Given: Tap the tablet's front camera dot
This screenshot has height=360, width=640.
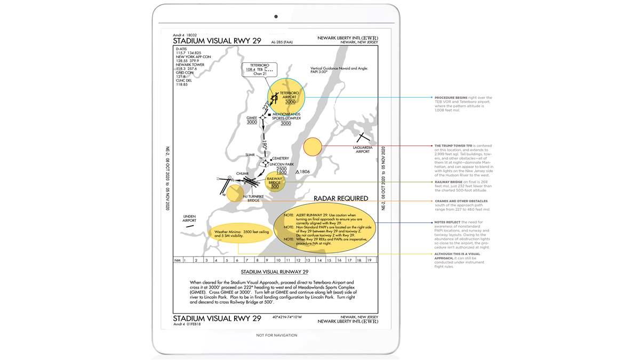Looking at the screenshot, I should click(x=276, y=17).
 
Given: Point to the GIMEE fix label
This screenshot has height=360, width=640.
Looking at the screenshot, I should click(x=252, y=117).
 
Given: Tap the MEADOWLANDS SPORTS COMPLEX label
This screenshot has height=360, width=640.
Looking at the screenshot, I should click(x=286, y=116).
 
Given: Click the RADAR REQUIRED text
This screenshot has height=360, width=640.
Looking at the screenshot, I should click(x=341, y=198).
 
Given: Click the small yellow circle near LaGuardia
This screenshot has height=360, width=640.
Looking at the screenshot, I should click(x=313, y=147).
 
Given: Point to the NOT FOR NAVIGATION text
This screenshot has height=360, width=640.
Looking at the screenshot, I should click(x=276, y=335).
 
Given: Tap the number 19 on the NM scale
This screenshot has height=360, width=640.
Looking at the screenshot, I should click(x=369, y=260).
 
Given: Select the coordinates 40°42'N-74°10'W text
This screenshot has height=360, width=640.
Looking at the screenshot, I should click(x=286, y=317).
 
